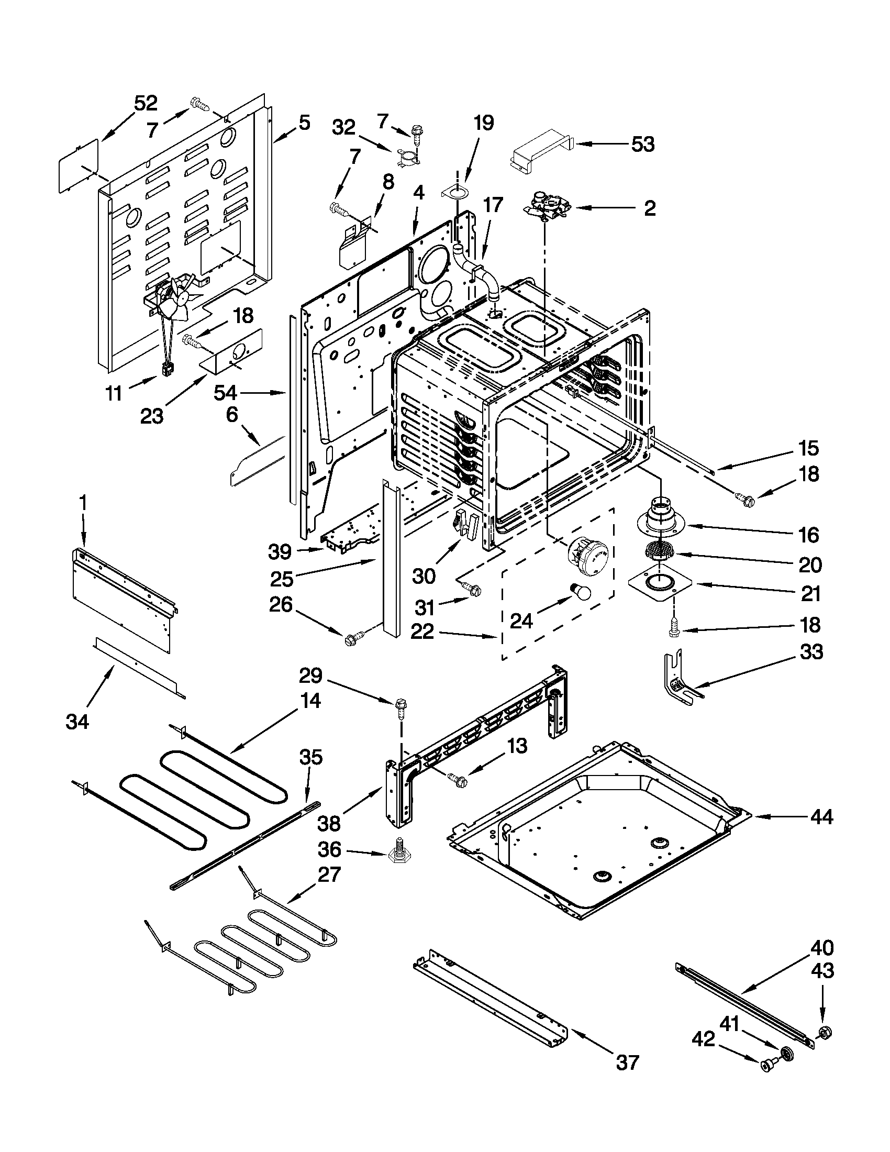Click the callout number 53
[x=643, y=144]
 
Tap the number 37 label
[x=627, y=1062]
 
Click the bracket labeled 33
[x=677, y=680]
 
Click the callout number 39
[x=280, y=552]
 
